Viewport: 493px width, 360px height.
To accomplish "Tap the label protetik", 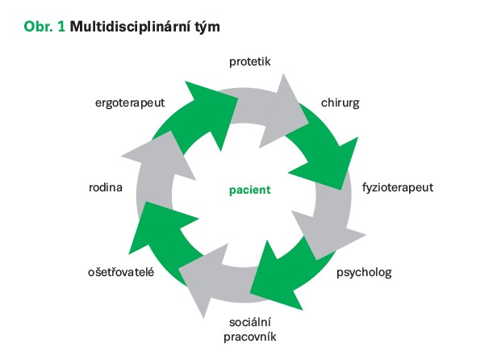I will (249, 61).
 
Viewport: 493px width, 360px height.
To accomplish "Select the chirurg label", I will (341, 104).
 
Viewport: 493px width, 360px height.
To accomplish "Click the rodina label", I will (106, 188).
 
